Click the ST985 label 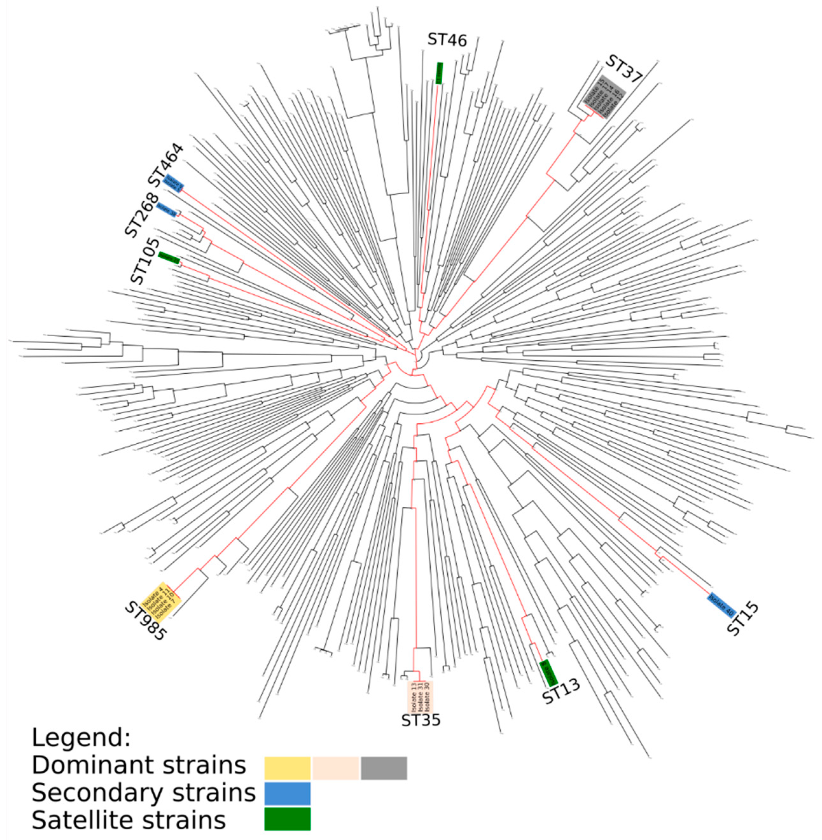(x=145, y=621)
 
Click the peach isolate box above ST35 (x=420, y=697)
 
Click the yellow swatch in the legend (x=287, y=768)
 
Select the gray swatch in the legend (x=384, y=768)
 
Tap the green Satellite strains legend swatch (x=287, y=819)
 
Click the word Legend (x=81, y=738)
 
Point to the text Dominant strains (x=139, y=765)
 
